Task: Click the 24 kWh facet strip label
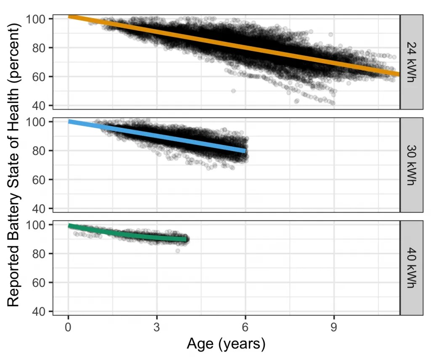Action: tap(411, 62)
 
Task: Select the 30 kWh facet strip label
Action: tap(411, 165)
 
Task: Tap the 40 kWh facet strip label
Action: tap(411, 268)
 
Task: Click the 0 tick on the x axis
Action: tap(68, 326)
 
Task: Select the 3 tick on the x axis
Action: tap(157, 326)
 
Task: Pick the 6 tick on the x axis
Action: tap(245, 326)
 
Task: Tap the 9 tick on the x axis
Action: tap(334, 326)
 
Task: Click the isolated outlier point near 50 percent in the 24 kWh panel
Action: tap(233, 91)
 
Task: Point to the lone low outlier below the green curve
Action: tap(178, 251)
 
